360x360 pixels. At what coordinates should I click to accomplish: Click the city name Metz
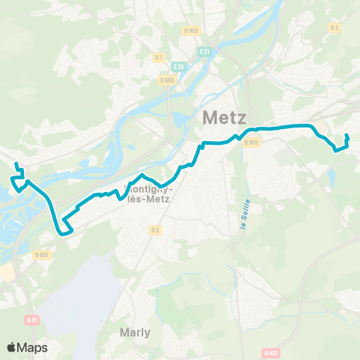point(227,118)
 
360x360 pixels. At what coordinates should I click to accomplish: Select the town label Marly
point(135,331)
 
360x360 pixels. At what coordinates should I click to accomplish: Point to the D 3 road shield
point(334,28)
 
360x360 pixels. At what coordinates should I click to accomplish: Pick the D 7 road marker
point(158,57)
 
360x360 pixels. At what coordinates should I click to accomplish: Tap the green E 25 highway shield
point(178,65)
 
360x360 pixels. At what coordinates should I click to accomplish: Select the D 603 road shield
point(166,79)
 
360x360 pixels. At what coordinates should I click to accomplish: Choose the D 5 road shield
point(155,229)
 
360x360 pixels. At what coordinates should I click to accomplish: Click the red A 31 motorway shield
point(31,319)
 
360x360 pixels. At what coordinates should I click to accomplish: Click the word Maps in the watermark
point(34,347)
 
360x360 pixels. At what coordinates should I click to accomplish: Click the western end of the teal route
point(16,164)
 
